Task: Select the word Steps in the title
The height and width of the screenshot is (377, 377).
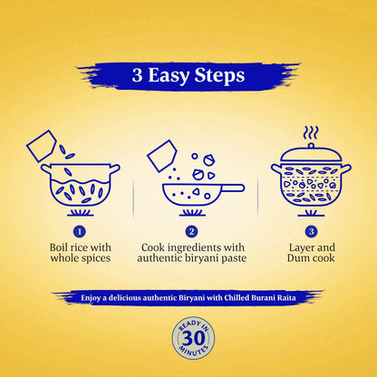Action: pyautogui.click(x=221, y=76)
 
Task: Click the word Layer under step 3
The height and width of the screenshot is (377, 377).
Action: pyautogui.click(x=295, y=247)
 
